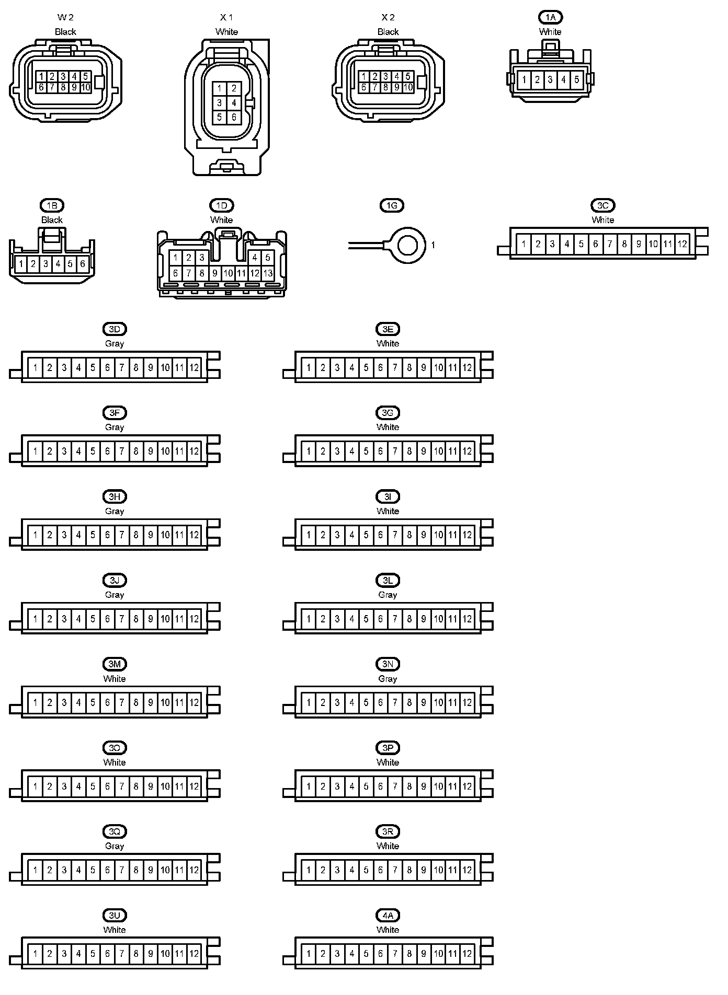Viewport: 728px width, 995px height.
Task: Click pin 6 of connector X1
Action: pos(234,118)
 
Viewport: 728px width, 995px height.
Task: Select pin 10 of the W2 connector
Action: pos(86,87)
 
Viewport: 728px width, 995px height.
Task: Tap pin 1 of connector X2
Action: pos(364,76)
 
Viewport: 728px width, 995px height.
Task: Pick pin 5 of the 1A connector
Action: pos(576,80)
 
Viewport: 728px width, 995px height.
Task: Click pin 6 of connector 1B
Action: pos(82,264)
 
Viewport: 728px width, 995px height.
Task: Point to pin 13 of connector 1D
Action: pos(268,273)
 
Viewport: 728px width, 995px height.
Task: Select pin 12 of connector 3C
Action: pos(682,244)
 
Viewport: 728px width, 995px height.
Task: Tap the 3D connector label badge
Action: pos(115,329)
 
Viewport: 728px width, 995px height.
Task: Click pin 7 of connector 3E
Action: pos(395,367)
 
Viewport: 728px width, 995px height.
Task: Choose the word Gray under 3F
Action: pos(115,427)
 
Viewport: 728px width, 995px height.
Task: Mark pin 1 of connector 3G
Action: pos(309,451)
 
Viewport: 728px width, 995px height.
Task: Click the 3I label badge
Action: pos(388,496)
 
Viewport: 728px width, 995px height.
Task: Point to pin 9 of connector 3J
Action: pos(151,619)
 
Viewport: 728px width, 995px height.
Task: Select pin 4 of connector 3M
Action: pos(78,702)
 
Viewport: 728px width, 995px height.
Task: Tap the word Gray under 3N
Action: pos(388,678)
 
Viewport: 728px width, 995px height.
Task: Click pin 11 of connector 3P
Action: pos(453,786)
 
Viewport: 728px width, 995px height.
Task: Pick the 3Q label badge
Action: pos(115,831)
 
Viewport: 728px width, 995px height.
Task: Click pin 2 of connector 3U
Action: pos(50,953)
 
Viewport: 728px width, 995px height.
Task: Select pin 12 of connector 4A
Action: pos(467,953)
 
